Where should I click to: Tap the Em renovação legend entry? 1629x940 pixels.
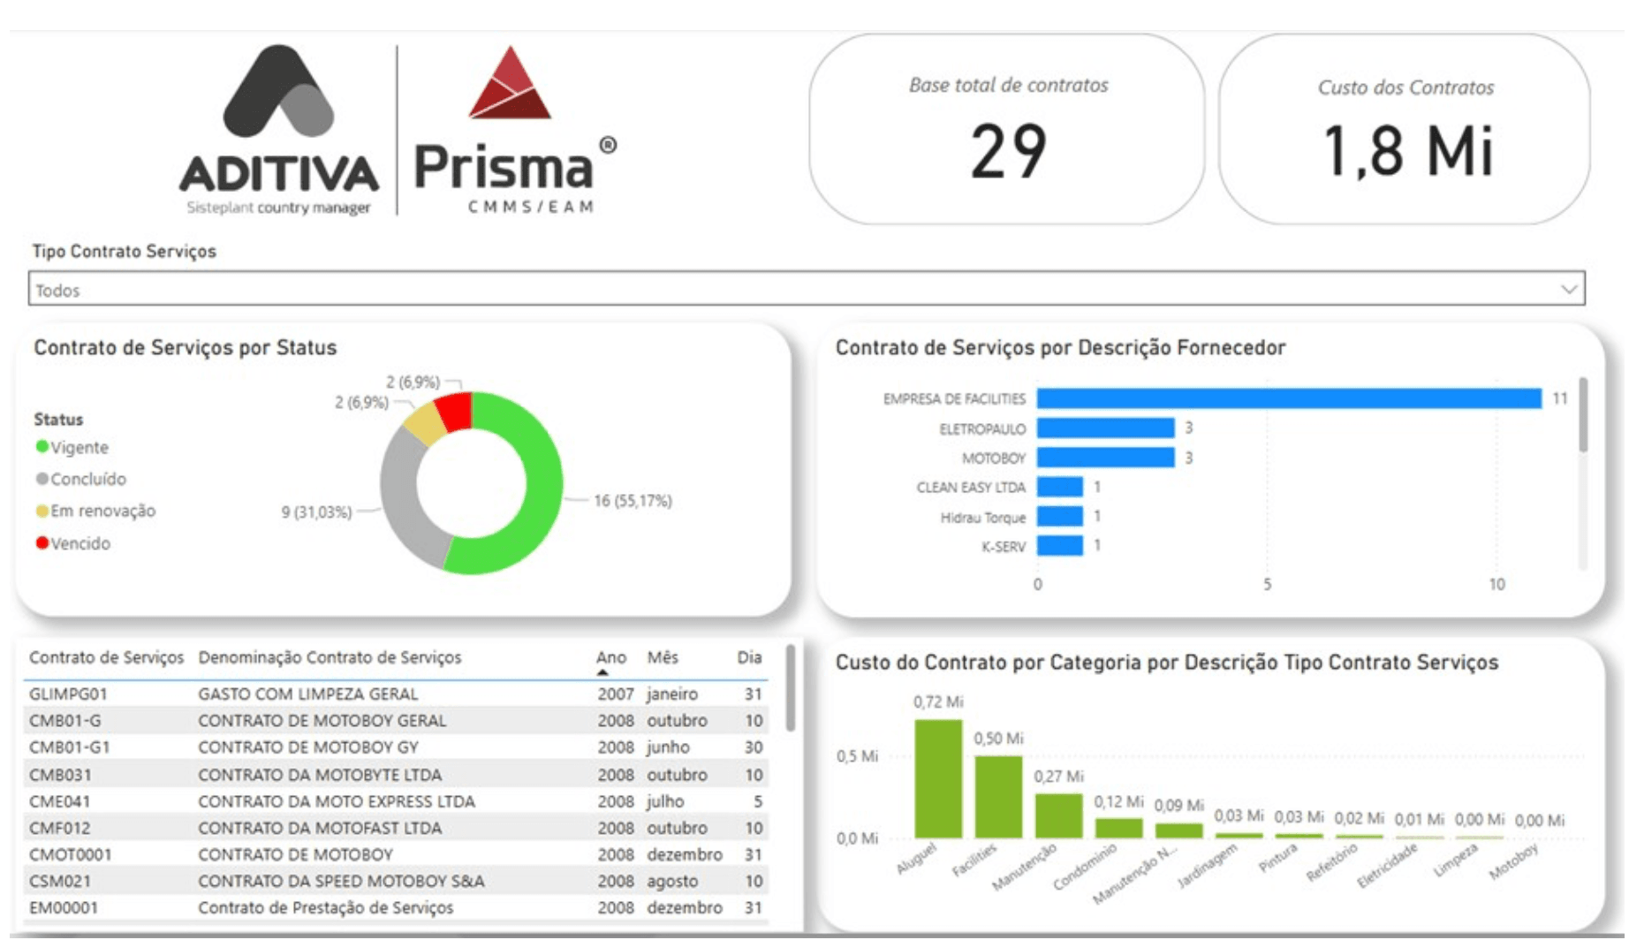[x=102, y=512]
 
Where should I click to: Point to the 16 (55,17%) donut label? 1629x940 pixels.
[x=633, y=502]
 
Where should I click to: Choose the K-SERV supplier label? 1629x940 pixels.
[x=1004, y=548]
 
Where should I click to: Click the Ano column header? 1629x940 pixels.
[x=611, y=658]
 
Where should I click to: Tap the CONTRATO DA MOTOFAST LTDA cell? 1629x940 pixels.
[x=320, y=829]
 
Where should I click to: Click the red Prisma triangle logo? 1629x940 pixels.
[x=510, y=86]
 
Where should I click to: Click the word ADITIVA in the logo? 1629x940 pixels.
[x=279, y=174]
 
